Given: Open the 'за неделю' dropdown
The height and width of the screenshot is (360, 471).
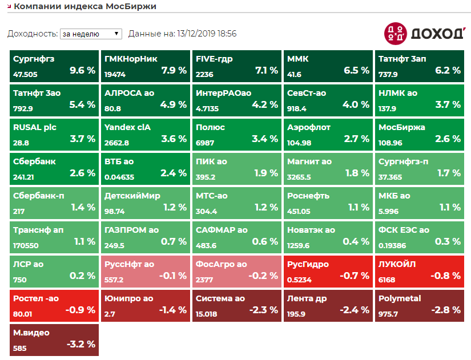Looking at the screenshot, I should pyautogui.click(x=91, y=34).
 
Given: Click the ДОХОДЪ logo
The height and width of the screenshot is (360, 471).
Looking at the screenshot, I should pyautogui.click(x=424, y=33).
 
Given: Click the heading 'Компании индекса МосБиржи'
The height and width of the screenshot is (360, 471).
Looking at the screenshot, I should pyautogui.click(x=85, y=6).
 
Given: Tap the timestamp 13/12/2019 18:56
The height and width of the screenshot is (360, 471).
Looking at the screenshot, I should pyautogui.click(x=207, y=34).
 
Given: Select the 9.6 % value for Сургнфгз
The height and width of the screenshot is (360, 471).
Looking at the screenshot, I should pyautogui.click(x=82, y=71).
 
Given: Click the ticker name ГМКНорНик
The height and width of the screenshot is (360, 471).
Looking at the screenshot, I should pyautogui.click(x=131, y=59).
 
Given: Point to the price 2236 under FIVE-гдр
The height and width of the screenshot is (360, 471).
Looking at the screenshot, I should pyautogui.click(x=204, y=74).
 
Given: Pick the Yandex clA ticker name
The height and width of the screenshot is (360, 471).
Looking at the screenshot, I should pyautogui.click(x=127, y=127).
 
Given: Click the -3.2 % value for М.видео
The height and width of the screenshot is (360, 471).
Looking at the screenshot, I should pyautogui.click(x=81, y=345).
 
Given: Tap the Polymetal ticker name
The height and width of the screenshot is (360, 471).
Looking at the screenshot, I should pyautogui.click(x=400, y=298).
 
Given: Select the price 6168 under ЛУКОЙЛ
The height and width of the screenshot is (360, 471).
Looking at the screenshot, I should pyautogui.click(x=387, y=280).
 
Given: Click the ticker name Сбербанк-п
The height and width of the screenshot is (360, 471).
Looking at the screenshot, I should pyautogui.click(x=39, y=196).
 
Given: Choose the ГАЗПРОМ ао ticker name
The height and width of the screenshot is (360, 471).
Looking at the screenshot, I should pyautogui.click(x=131, y=230).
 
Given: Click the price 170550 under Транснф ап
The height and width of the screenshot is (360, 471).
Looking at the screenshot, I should pyautogui.click(x=26, y=245).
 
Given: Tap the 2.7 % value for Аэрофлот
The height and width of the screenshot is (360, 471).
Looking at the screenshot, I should pyautogui.click(x=357, y=139).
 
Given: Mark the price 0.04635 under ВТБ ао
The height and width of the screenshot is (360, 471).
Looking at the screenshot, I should pyautogui.click(x=119, y=177).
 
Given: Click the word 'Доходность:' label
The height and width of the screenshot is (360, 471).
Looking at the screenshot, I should pyautogui.click(x=32, y=34).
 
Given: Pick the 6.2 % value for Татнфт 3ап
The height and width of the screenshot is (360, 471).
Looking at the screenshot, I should pyautogui.click(x=448, y=71).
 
